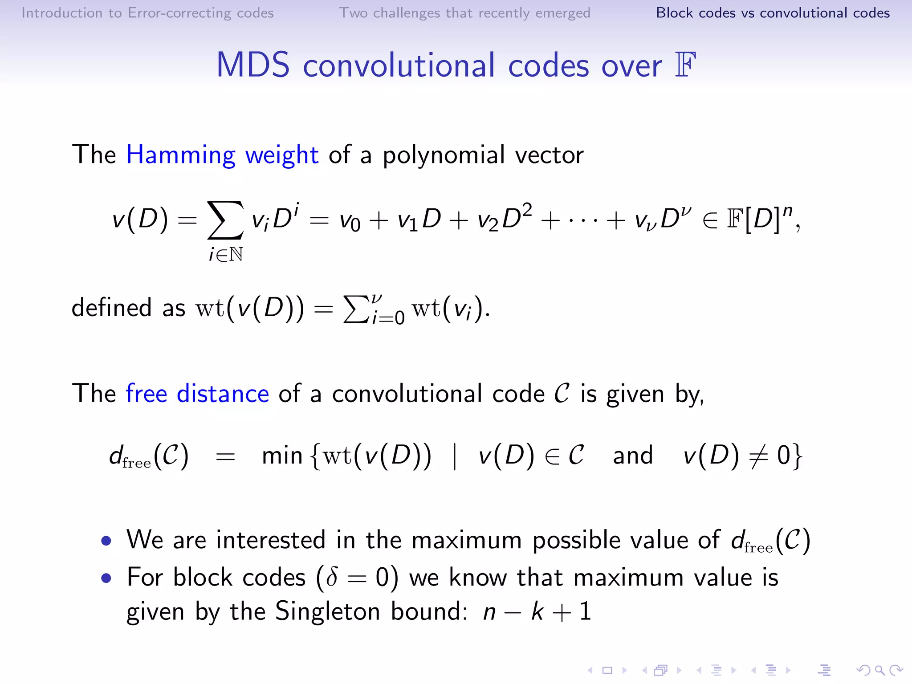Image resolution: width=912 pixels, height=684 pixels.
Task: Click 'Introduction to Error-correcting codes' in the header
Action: tap(147, 13)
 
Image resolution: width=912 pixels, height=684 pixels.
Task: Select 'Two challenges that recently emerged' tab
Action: tap(464, 13)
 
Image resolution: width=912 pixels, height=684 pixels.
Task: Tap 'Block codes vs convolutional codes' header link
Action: tap(773, 13)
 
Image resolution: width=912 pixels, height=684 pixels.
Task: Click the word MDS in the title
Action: tap(253, 65)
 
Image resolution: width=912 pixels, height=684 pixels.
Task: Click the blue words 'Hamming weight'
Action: tap(222, 155)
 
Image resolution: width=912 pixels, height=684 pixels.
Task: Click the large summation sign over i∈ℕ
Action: tap(225, 220)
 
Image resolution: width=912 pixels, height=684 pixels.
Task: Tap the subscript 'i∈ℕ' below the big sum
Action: tap(226, 255)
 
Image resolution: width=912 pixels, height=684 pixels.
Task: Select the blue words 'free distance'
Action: tap(197, 394)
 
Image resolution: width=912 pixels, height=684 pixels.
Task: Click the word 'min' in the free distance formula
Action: tap(282, 456)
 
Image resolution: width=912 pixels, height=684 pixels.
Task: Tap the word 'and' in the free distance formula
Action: tap(632, 456)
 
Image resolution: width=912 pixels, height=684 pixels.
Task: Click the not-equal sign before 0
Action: tap(757, 456)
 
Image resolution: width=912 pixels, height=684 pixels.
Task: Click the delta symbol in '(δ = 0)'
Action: tap(331, 578)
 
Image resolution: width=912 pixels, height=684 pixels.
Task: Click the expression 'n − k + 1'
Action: tap(537, 611)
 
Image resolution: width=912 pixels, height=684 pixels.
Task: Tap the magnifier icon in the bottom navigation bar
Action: tap(879, 670)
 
